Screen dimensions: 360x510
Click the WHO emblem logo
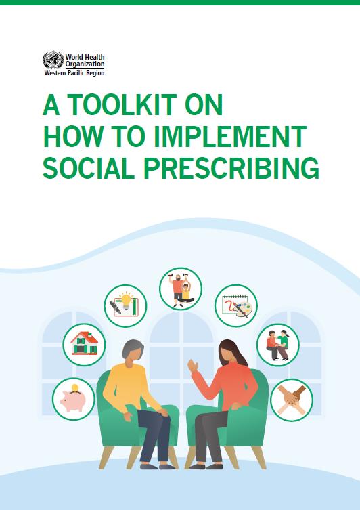point(53,60)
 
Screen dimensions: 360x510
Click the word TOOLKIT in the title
point(122,104)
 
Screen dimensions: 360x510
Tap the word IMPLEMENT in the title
point(230,136)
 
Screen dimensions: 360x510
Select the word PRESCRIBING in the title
point(231,168)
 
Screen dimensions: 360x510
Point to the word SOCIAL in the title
point(89,168)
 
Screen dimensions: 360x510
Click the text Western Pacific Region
point(74,73)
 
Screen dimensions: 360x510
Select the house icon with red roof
point(84,345)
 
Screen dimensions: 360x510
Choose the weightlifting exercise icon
point(181,289)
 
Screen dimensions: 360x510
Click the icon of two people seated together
point(278,345)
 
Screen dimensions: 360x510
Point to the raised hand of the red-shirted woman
point(193,366)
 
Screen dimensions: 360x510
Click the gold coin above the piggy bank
point(75,387)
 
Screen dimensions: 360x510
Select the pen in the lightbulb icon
point(115,307)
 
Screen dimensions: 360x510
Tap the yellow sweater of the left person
point(130,387)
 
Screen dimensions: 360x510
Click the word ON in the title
point(204,104)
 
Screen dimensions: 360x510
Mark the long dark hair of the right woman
point(232,352)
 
